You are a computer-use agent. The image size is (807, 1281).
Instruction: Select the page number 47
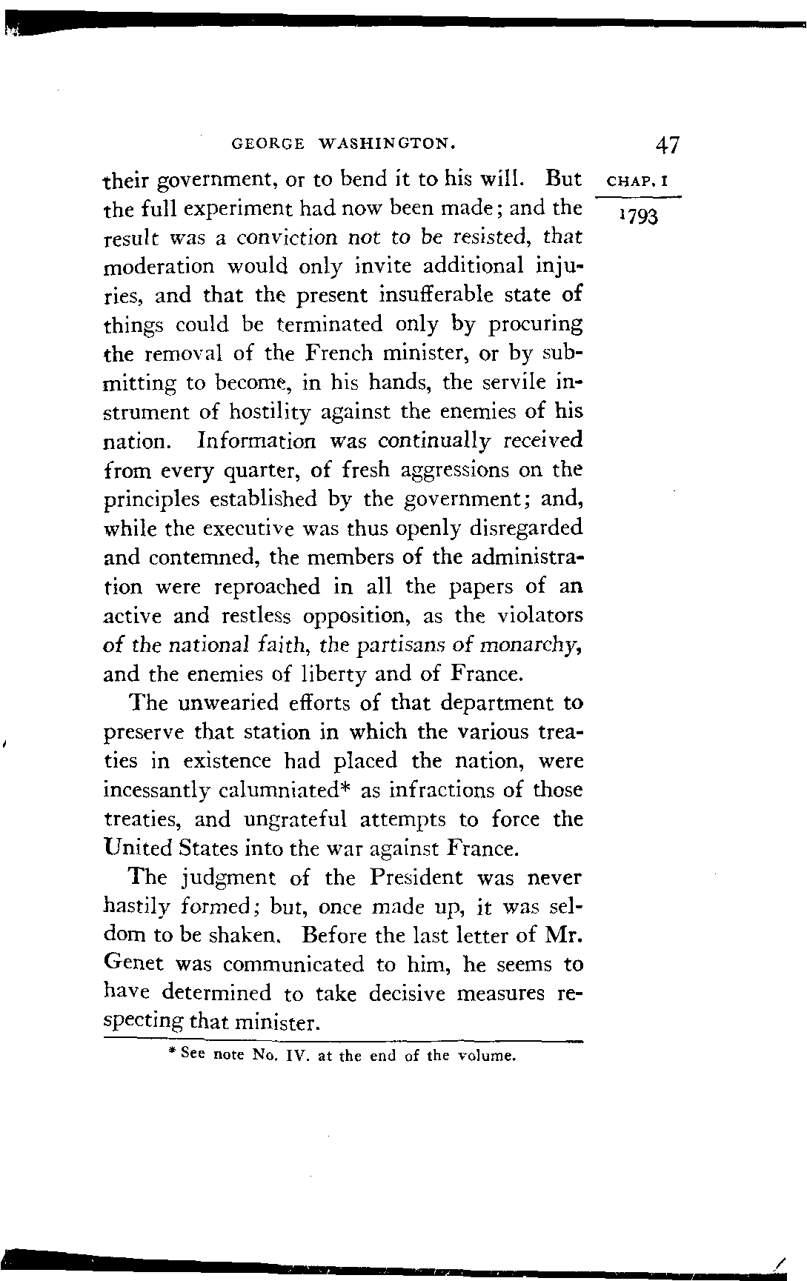coord(667,144)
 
